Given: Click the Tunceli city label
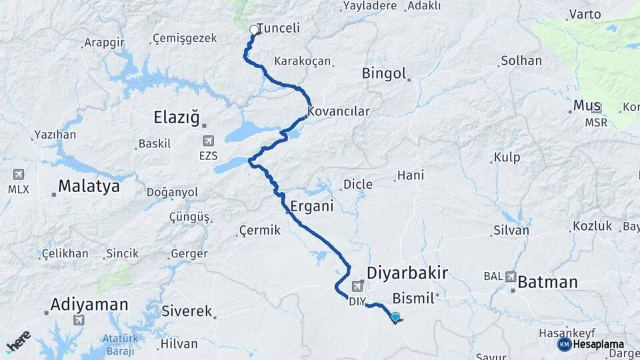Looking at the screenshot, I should pyautogui.click(x=278, y=29).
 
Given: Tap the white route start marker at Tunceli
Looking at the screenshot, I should pyautogui.click(x=253, y=30).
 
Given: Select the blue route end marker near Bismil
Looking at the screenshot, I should pyautogui.click(x=395, y=318).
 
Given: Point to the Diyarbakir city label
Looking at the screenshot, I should pyautogui.click(x=407, y=272).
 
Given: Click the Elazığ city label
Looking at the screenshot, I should pyautogui.click(x=177, y=118).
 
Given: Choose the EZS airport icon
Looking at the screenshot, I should pyautogui.click(x=209, y=141).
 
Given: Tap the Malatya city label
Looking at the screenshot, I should pyautogui.click(x=89, y=186).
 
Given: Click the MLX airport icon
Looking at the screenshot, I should pyautogui.click(x=18, y=175).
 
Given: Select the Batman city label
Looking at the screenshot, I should pyautogui.click(x=547, y=282).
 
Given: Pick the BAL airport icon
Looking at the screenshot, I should pyautogui.click(x=511, y=276).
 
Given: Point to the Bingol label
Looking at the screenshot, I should pyautogui.click(x=384, y=73).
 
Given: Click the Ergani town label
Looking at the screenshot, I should pyautogui.click(x=311, y=206).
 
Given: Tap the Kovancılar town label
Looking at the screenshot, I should pyautogui.click(x=339, y=111).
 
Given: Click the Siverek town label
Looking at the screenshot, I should pyautogui.click(x=187, y=311).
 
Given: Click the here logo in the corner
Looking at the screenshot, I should pyautogui.click(x=18, y=341).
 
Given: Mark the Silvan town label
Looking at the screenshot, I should pyautogui.click(x=511, y=231).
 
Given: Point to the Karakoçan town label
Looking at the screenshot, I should pyautogui.click(x=303, y=61).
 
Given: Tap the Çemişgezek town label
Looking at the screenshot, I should pyautogui.click(x=185, y=38).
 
